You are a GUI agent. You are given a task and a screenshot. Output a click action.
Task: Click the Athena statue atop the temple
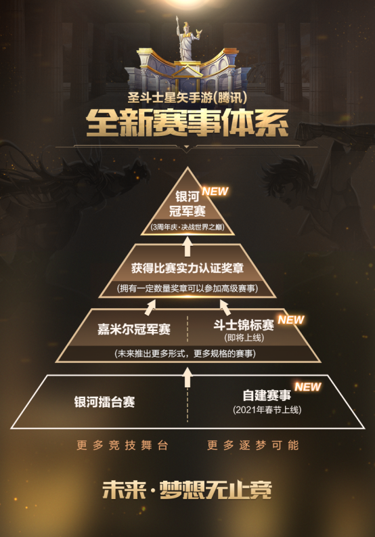187,39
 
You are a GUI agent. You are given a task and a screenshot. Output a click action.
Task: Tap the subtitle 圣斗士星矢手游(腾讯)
187,98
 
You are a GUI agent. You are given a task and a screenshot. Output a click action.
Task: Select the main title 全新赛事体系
187,123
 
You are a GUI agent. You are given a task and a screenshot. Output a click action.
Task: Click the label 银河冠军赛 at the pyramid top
187,204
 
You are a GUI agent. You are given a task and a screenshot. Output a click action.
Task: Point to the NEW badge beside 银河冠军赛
215,191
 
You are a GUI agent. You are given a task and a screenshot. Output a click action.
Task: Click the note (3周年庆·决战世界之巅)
187,227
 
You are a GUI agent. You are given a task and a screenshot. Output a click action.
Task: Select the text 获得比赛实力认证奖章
187,268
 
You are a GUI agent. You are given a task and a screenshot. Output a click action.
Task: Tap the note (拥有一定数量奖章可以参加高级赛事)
187,288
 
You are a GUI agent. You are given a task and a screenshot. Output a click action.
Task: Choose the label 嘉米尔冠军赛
134,329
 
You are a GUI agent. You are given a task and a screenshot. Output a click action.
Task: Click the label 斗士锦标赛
244,324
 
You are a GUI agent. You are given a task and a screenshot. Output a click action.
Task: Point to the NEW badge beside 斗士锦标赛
291,320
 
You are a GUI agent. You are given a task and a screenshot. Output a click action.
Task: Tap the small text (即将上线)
244,338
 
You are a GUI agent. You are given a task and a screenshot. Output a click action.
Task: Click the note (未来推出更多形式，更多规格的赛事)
185,353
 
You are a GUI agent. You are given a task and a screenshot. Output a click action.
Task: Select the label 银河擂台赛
104,402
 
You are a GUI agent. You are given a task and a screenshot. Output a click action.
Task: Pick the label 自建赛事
267,395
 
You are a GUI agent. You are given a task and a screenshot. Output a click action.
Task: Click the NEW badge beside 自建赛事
308,387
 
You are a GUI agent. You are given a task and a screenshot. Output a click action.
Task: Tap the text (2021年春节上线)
267,410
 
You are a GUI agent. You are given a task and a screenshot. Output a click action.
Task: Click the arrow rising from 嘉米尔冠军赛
150,307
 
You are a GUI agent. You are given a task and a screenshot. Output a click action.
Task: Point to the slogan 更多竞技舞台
123,445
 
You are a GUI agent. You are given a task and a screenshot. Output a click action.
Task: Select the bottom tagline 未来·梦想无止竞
187,490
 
